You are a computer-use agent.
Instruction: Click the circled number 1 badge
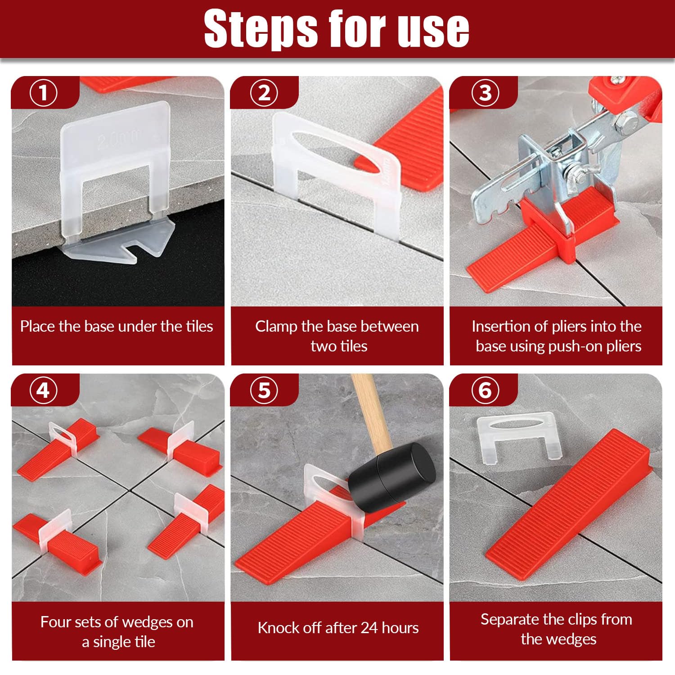[44, 93]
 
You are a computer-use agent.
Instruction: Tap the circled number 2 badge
[264, 93]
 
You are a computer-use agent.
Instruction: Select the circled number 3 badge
[485, 93]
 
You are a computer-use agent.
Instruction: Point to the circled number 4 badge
[44, 390]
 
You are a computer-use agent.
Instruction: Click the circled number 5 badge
[264, 390]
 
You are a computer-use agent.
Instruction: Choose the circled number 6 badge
[485, 390]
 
